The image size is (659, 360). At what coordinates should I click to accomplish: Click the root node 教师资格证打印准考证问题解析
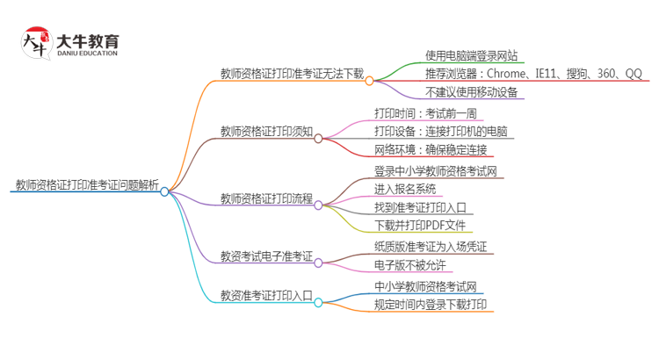coord(87,185)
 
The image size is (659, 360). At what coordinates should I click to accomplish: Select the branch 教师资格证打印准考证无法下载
coord(292,74)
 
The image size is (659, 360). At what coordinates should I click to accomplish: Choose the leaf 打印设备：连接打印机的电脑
coord(440,132)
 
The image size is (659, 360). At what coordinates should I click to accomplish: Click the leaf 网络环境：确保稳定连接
coord(430,150)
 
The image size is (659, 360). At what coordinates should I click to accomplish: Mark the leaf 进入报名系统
coord(404,189)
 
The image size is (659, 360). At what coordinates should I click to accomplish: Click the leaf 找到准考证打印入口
coord(419,208)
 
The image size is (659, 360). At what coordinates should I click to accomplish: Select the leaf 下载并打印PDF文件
coord(420,227)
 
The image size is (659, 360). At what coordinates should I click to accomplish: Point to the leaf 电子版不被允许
coord(409,265)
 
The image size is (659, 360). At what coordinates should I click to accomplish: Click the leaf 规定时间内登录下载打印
coord(431,305)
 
